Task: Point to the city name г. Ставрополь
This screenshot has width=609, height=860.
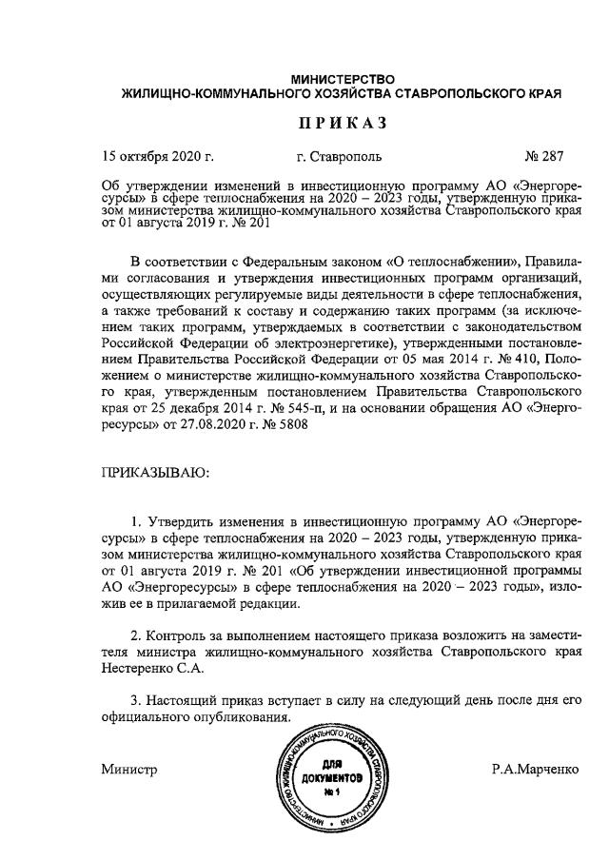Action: (340, 156)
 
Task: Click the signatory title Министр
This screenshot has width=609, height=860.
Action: (128, 769)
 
